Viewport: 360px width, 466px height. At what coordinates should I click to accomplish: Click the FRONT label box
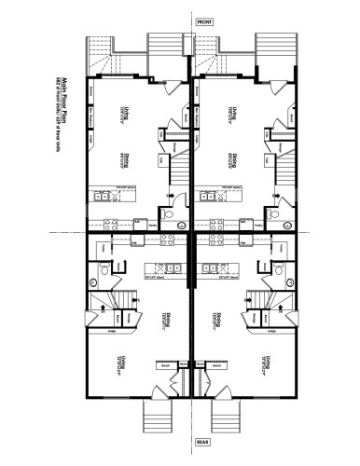pyautogui.click(x=204, y=21)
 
